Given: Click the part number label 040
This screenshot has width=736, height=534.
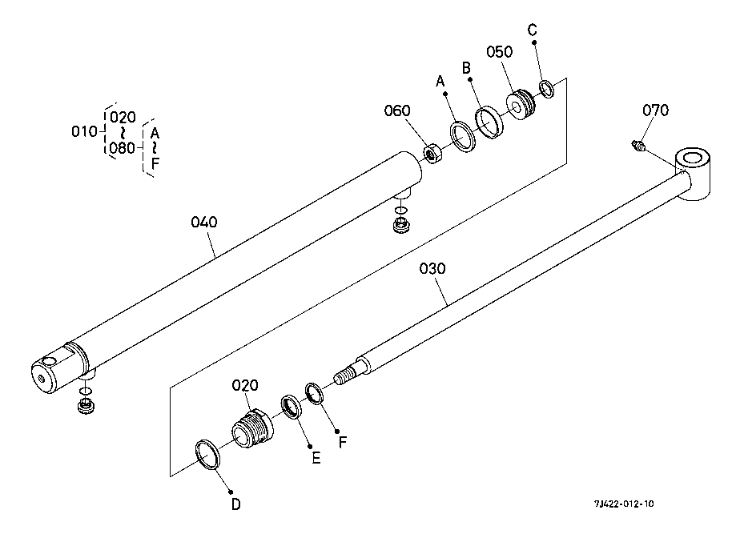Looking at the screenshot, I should tap(203, 222).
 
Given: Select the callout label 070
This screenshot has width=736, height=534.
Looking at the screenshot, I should tap(656, 110).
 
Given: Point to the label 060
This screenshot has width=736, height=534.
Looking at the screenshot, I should tap(396, 110).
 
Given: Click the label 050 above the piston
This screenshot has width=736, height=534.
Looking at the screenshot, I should tap(499, 52).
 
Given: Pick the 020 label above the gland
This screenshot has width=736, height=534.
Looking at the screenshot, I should tap(245, 386).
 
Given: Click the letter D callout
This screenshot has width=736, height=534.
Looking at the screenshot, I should tap(235, 504).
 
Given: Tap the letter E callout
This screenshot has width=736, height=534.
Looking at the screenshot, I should tap(316, 458).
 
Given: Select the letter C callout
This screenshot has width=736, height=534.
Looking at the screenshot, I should tap(533, 30).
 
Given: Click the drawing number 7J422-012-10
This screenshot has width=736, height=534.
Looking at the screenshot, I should tap(624, 504).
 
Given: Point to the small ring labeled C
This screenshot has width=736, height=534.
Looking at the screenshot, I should tap(547, 88).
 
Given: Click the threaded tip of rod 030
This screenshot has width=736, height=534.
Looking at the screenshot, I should tap(347, 375).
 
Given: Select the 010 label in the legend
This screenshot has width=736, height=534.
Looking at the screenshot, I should tap(84, 131).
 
